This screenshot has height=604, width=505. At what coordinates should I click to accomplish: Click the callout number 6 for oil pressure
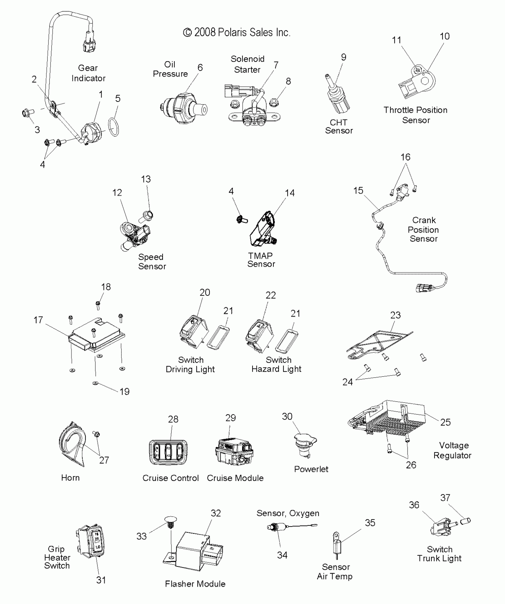tap(200, 68)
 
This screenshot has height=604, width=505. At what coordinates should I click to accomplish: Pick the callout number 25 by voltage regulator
tap(445, 422)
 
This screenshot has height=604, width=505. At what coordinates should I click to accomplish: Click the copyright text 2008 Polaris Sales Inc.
tap(236, 32)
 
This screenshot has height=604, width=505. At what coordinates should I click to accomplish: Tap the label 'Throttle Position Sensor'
tap(415, 115)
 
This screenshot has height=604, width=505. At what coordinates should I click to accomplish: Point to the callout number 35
tap(370, 523)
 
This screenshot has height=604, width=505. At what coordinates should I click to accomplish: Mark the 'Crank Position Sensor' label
tap(423, 229)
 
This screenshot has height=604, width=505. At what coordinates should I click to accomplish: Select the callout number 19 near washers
tap(124, 392)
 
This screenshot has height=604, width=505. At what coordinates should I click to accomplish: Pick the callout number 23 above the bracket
tap(395, 315)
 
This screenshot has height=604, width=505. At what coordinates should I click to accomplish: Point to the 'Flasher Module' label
tap(195, 584)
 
